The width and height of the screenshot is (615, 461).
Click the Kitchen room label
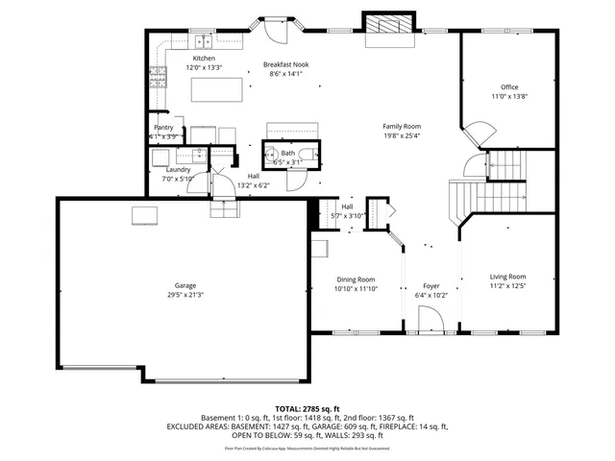[x=203, y=59]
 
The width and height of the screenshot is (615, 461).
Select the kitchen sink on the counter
[x=204, y=41]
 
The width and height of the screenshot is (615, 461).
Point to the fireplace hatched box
[x=388, y=24]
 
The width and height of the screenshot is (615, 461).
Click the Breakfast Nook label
[x=287, y=65]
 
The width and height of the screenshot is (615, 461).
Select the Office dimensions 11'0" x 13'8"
[x=509, y=97]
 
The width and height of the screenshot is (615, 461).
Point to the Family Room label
[x=402, y=126]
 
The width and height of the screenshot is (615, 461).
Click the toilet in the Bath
[x=304, y=154]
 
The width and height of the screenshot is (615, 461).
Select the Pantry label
[x=163, y=128]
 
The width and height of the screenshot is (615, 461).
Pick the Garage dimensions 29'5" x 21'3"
[x=184, y=294]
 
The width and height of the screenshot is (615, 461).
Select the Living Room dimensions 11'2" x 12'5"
[x=508, y=285]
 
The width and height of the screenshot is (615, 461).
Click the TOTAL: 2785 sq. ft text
[x=307, y=408]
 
